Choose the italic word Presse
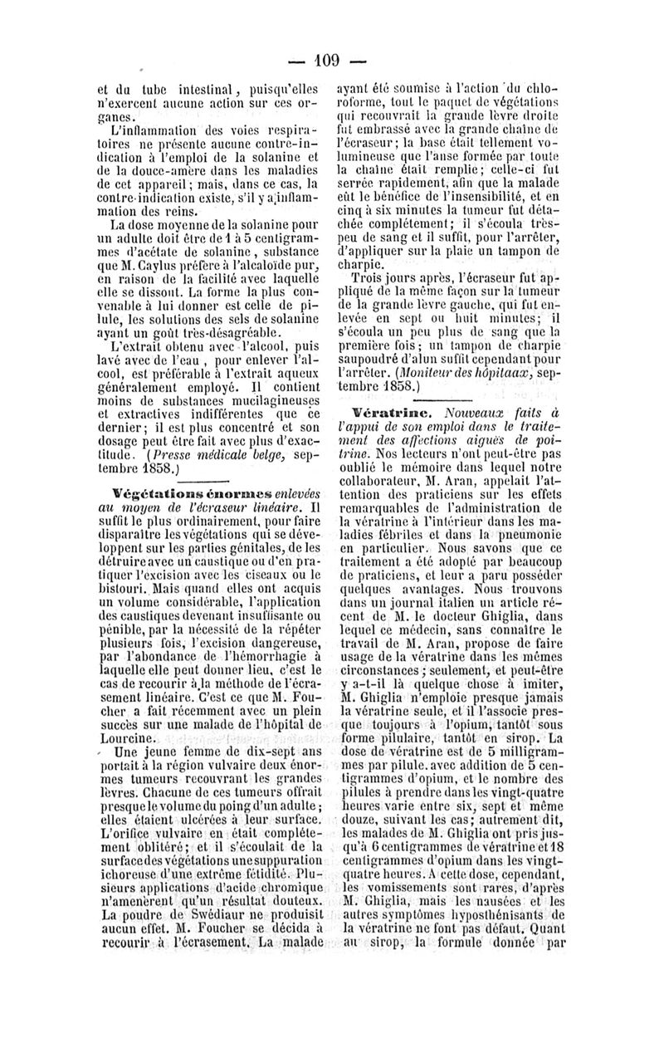pyautogui.click(x=177, y=454)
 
